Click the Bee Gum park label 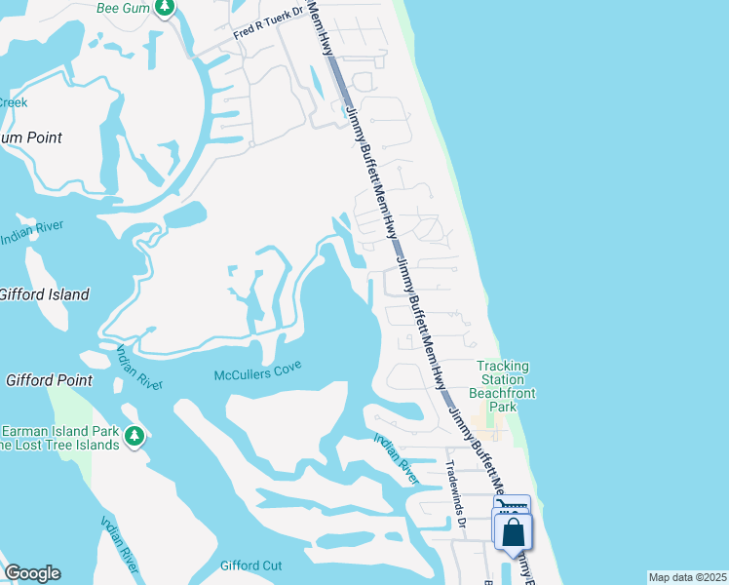(x=122, y=8)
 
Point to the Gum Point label (x=29, y=137)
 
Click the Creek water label (x=13, y=102)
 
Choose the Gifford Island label (x=43, y=294)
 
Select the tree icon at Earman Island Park (x=134, y=436)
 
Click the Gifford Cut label (x=250, y=565)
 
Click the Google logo (x=32, y=573)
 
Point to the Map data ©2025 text (x=687, y=577)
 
